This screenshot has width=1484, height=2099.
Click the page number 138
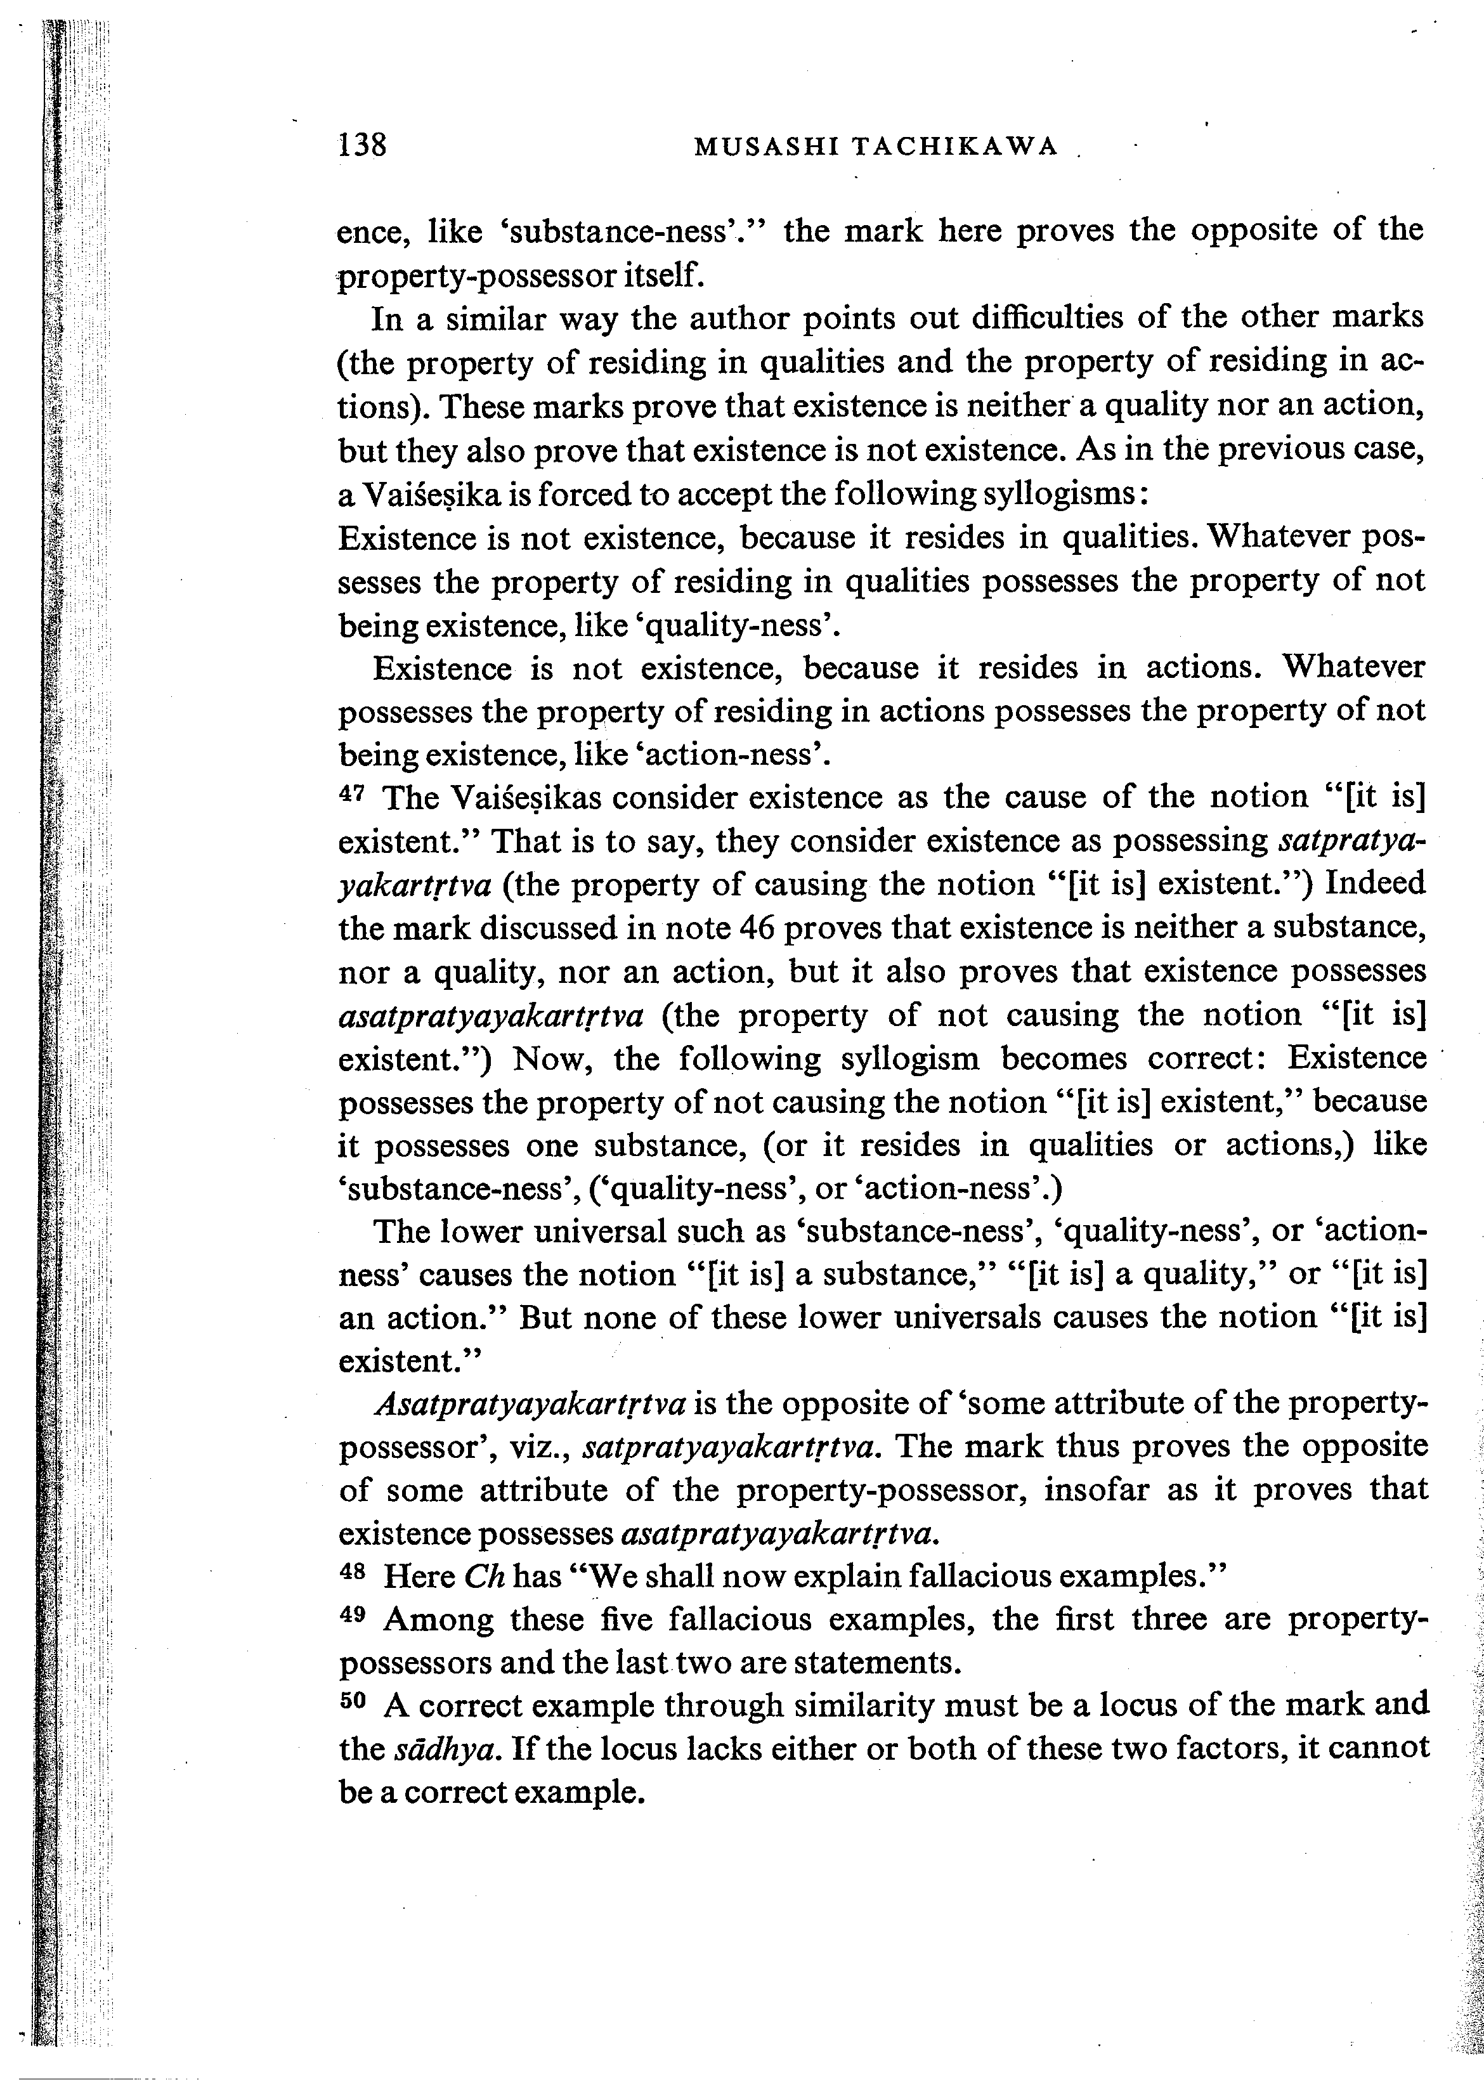pos(363,145)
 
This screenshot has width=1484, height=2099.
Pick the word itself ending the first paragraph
pos(663,273)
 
